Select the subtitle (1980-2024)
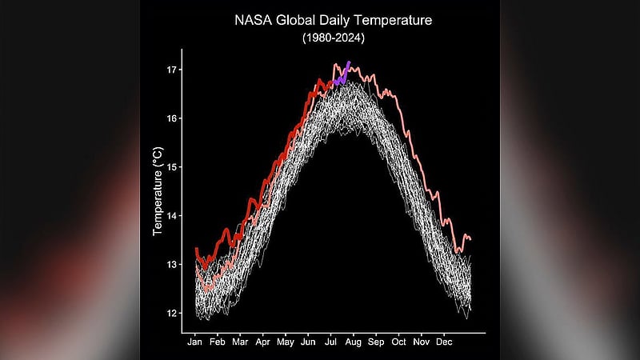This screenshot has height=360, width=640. pos(334,38)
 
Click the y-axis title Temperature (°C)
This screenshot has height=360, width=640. pos(158,191)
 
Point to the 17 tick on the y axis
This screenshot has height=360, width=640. pos(171,70)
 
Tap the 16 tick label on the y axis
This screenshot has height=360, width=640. pos(171,118)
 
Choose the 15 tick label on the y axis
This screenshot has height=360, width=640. pos(171,167)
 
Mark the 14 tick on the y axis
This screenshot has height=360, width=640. pos(171,216)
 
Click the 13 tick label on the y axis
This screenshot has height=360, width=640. pos(171,265)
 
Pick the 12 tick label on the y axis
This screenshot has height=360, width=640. pos(171,313)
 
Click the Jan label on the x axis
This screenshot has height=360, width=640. pos(194,342)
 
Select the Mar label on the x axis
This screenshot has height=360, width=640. pos(240,342)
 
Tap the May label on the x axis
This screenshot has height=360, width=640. pos(286,342)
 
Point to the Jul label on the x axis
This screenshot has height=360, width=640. pos(330,342)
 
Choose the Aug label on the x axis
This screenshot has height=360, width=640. pos(353,342)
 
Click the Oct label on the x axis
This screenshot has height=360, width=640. pos(398,342)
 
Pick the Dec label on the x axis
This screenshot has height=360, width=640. pos(444,342)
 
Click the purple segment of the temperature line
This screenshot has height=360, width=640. pos(342,75)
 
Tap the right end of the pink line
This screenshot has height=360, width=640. pos(470,239)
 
